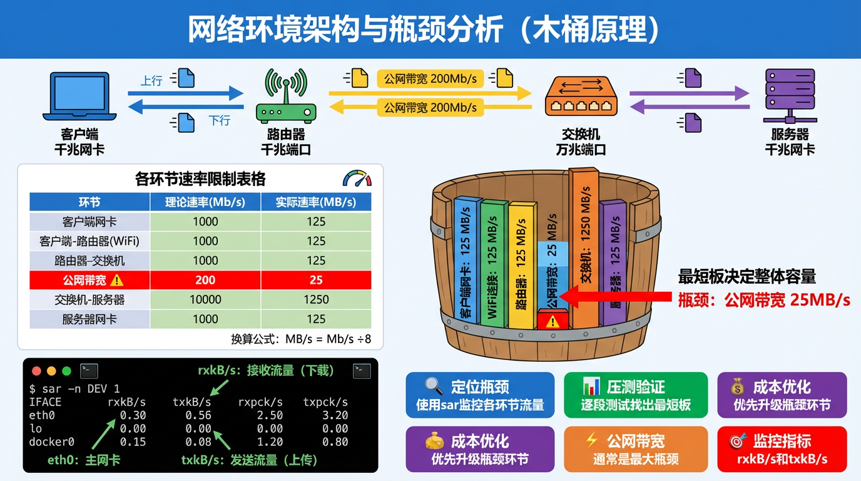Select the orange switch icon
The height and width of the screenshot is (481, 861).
coord(581,97)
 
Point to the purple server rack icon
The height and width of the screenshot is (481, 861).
coord(790,96)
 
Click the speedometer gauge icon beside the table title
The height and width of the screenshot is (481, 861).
coord(357,179)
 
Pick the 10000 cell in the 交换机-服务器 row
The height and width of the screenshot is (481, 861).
coord(205,299)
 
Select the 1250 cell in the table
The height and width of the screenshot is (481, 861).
coord(316,299)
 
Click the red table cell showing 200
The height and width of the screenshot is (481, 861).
coord(205,280)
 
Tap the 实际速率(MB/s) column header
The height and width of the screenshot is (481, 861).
coord(316,202)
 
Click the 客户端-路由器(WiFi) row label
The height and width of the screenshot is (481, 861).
coord(89,241)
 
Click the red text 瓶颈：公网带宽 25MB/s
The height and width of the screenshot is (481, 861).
coord(764,300)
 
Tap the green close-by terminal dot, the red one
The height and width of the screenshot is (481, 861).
coord(36,371)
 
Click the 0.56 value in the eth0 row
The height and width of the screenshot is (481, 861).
coord(198,415)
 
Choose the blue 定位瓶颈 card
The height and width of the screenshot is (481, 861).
coord(480,395)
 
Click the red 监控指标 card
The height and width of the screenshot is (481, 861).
coord(782,449)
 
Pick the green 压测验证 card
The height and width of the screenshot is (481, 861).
coord(635,395)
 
